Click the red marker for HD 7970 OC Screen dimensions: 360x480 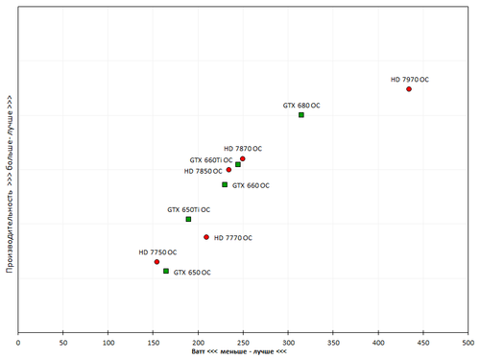pyautogui.click(x=409, y=89)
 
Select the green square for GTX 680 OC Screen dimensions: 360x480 pyautogui.click(x=301, y=115)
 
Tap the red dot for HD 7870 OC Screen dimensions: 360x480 pyautogui.click(x=243, y=158)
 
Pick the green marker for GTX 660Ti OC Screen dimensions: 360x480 pyautogui.click(x=238, y=165)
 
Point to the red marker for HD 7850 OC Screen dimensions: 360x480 pyautogui.click(x=228, y=170)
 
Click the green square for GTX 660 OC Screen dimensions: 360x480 pyautogui.click(x=225, y=184)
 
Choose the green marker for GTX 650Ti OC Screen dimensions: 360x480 pyautogui.click(x=188, y=219)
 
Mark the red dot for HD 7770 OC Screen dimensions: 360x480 pyautogui.click(x=206, y=237)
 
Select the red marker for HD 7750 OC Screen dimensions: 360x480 pyautogui.click(x=156, y=262)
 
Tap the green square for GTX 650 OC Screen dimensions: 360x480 pyautogui.click(x=166, y=272)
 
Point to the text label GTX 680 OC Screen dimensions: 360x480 pyautogui.click(x=301, y=106)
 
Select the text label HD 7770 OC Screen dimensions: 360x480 pyautogui.click(x=232, y=237)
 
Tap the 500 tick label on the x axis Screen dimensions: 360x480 pyautogui.click(x=468, y=341)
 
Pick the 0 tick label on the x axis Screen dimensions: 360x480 pyautogui.click(x=18, y=341)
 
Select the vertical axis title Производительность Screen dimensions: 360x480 pyautogui.click(x=8, y=183)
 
